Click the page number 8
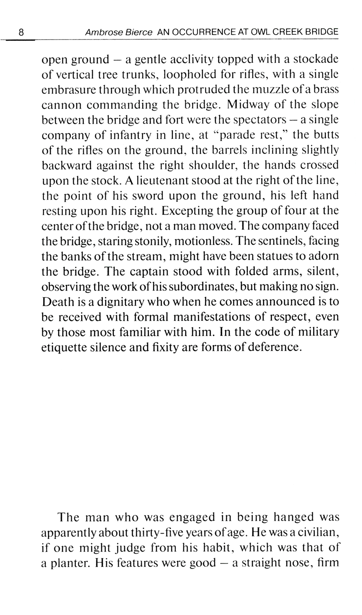pos(21,32)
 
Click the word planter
pos(70,563)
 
